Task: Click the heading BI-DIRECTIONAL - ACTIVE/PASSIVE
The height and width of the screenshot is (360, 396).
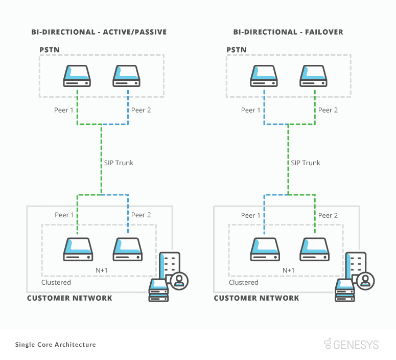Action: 99,32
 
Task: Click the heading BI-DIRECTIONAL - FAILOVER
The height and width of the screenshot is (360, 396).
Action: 288,32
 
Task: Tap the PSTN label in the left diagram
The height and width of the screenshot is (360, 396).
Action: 50,50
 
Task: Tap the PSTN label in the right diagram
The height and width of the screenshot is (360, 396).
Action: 237,50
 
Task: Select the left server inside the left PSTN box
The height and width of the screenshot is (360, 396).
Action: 77,76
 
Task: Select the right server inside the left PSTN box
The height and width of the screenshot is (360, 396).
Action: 127,76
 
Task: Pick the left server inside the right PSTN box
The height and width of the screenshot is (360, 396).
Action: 264,76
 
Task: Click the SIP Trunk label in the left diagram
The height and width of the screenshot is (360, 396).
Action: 119,163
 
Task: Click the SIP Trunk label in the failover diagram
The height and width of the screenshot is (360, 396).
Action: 306,163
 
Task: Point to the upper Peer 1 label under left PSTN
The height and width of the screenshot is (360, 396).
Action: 64,110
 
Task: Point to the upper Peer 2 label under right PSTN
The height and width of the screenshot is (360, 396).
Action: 328,110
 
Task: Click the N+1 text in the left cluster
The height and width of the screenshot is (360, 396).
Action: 102,271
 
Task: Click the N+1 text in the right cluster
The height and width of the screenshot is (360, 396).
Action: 289,271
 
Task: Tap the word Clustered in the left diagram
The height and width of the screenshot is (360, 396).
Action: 56,282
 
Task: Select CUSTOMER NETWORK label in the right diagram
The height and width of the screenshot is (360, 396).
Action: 257,298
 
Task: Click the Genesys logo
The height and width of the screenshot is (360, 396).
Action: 352,344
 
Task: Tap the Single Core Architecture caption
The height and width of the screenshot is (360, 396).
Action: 56,345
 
